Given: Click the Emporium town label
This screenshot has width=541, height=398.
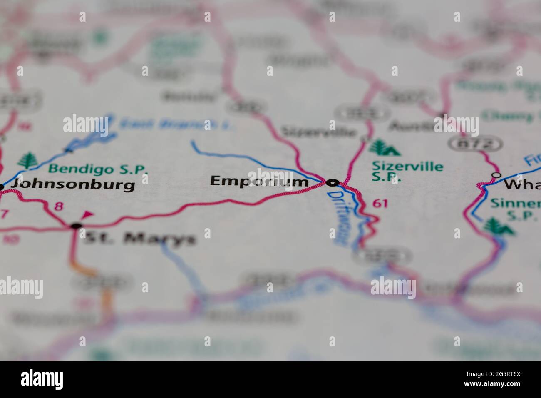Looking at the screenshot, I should click(x=259, y=182).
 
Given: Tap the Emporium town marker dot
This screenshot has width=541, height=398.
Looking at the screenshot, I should click(x=333, y=182).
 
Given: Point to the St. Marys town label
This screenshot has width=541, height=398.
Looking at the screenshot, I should click(x=140, y=239).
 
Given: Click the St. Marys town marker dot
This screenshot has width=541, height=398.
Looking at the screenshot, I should click(x=76, y=226).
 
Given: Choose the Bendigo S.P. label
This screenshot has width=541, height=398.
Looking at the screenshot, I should click(x=98, y=169).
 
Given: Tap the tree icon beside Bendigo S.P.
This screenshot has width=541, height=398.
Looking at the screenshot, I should click(x=29, y=160).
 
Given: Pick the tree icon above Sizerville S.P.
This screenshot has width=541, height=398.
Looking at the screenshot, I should click(x=383, y=147).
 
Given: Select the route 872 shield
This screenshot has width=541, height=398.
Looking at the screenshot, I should click(x=475, y=144).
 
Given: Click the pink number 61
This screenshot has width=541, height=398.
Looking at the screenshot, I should click(x=380, y=203).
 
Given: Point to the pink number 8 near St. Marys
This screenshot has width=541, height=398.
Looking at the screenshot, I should click(x=59, y=206).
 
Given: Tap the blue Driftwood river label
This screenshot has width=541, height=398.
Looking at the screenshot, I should click(x=338, y=219).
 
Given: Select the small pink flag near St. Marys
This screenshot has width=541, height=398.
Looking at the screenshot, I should click(x=88, y=215).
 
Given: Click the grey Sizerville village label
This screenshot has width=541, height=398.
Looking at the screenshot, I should click(x=319, y=132).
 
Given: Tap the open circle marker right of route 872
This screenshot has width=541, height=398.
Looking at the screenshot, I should click(x=496, y=175).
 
